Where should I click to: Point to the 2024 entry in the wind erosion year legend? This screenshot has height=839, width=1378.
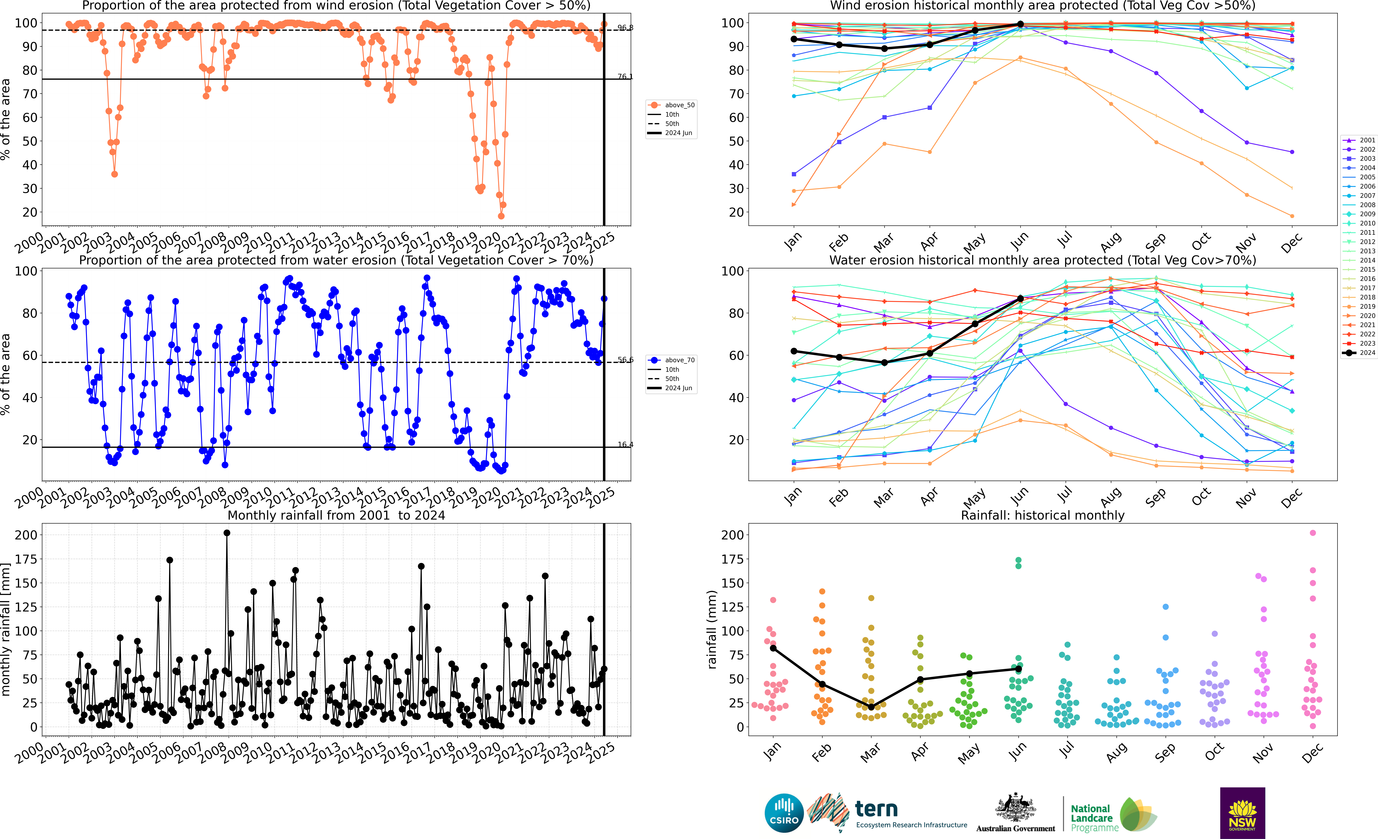(1359, 352)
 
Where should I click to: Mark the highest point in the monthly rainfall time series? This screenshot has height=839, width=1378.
(227, 533)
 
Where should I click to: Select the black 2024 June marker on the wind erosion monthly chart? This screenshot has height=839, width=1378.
(1020, 24)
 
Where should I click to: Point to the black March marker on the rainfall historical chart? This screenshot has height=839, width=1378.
(871, 707)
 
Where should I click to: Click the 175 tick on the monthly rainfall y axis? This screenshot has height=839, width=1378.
(26, 559)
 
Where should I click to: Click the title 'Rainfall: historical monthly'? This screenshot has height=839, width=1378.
(1043, 515)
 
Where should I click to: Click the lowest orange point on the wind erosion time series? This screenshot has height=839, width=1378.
(501, 216)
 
